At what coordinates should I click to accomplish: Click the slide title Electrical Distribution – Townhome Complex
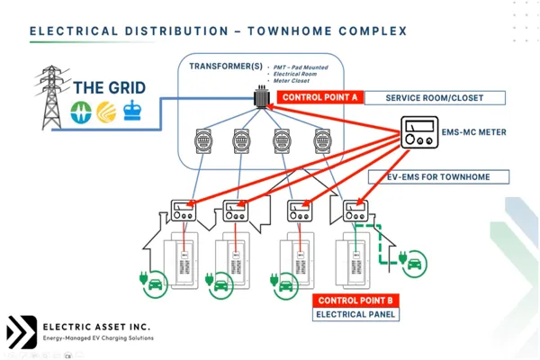(218, 31)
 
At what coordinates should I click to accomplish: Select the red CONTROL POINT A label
(319, 97)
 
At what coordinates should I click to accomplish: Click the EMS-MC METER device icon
(419, 133)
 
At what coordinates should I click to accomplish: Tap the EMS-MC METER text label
(474, 132)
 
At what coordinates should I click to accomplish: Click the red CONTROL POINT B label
(355, 300)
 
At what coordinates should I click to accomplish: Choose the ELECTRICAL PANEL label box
(355, 314)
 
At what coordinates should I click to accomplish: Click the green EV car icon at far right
(416, 263)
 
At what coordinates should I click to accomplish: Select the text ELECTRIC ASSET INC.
(97, 325)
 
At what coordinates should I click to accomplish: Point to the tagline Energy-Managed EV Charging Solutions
(98, 338)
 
